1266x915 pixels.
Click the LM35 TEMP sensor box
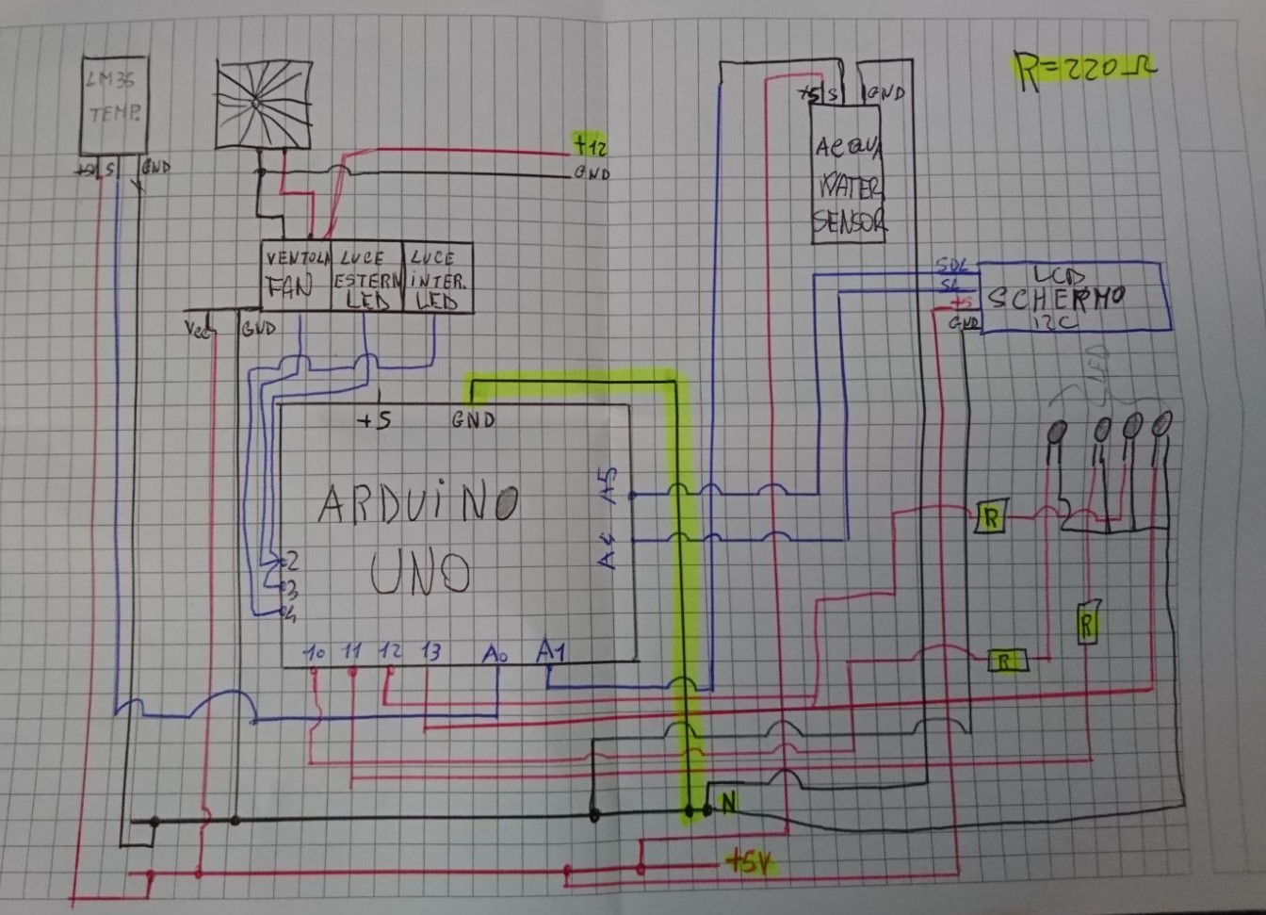113,104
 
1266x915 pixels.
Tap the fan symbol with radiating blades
263,105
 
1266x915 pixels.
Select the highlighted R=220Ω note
1083,70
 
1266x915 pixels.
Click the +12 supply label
591,146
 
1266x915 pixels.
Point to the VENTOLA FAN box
296,276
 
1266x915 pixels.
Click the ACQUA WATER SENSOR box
847,184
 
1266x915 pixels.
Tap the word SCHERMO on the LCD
1055,298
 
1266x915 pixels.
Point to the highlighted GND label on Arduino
473,419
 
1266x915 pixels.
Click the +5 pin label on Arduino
374,420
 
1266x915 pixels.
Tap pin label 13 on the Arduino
430,651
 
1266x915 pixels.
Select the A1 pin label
550,651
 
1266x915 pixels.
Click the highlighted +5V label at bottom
750,860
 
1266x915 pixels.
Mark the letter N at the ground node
727,803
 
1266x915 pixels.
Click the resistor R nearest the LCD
990,516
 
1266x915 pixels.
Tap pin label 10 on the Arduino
314,651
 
